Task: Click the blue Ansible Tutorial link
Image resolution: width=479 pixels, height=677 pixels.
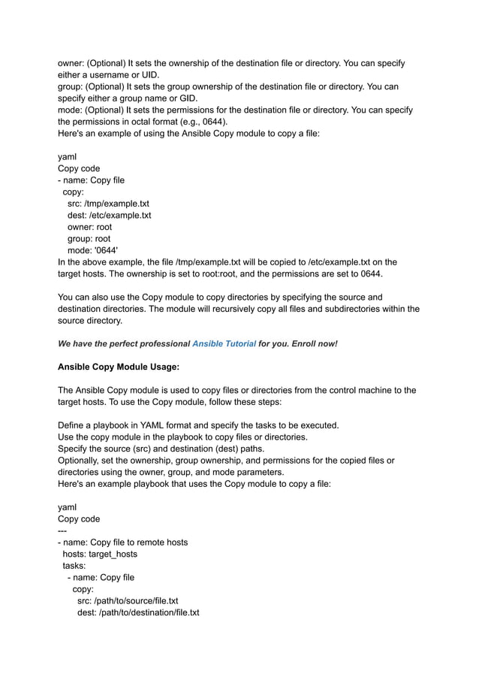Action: coord(224,343)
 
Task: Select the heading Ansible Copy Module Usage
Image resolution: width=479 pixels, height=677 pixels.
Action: coord(119,367)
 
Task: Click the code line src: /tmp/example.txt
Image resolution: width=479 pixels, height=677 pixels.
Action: coord(108,204)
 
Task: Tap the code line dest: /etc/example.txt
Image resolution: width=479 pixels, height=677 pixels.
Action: coord(109,216)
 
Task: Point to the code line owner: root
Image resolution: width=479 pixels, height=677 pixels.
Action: coord(89,227)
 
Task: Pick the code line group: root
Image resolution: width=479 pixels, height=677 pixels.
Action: coord(89,239)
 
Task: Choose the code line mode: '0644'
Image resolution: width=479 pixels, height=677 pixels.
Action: coord(92,250)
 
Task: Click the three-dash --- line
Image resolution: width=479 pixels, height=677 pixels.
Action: coord(63,530)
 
